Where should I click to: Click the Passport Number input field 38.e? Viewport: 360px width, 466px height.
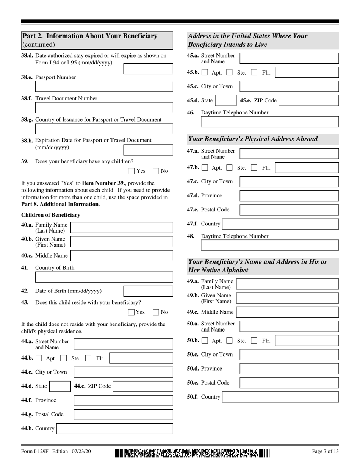104,87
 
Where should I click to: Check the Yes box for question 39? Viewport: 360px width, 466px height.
131,171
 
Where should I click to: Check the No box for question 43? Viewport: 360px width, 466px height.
156,312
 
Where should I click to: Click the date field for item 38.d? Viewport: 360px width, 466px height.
148,69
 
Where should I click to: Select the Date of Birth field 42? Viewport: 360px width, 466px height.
148,291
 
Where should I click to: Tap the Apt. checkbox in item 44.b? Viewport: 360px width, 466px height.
39,358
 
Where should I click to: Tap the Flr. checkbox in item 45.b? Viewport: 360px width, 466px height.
254,72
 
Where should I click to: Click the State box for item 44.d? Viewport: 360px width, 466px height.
59,386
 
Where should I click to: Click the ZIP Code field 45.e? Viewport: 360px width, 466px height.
308,100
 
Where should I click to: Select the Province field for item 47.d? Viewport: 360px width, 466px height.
289,195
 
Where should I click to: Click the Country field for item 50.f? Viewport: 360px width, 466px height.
280,397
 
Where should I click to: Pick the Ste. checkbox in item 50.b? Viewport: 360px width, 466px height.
229,341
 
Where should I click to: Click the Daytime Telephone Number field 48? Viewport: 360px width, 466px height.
270,246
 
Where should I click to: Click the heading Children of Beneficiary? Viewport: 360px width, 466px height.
50,215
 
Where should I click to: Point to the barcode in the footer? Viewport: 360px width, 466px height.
193,452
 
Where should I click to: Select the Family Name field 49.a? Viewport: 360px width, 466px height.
287,284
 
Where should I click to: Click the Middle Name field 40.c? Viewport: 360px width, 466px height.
122,256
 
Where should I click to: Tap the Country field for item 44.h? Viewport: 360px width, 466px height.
115,428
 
